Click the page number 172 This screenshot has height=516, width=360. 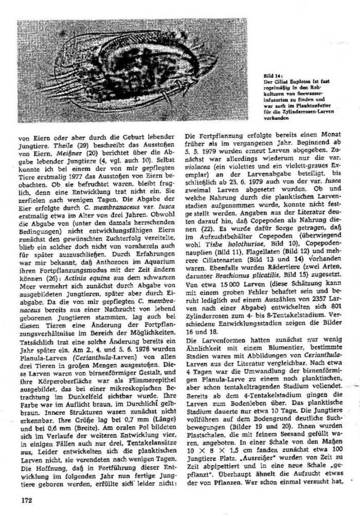(27, 500)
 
